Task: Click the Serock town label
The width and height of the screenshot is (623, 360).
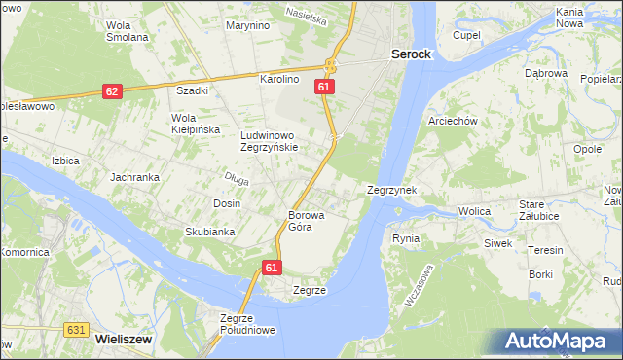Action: [x=411, y=55]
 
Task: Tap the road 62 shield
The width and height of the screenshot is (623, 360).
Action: [x=112, y=91]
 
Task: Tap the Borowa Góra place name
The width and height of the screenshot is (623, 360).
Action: [x=306, y=221]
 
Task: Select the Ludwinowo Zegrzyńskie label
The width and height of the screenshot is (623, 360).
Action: [x=275, y=142]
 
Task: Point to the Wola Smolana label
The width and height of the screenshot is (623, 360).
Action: [x=128, y=31]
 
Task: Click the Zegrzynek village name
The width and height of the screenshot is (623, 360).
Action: [x=392, y=191]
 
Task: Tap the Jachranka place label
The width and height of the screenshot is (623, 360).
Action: [x=133, y=177]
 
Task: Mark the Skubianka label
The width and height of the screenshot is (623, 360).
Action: [x=210, y=232]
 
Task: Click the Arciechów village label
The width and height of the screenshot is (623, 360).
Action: [x=452, y=122]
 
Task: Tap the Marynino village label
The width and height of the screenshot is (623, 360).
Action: [x=247, y=25]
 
